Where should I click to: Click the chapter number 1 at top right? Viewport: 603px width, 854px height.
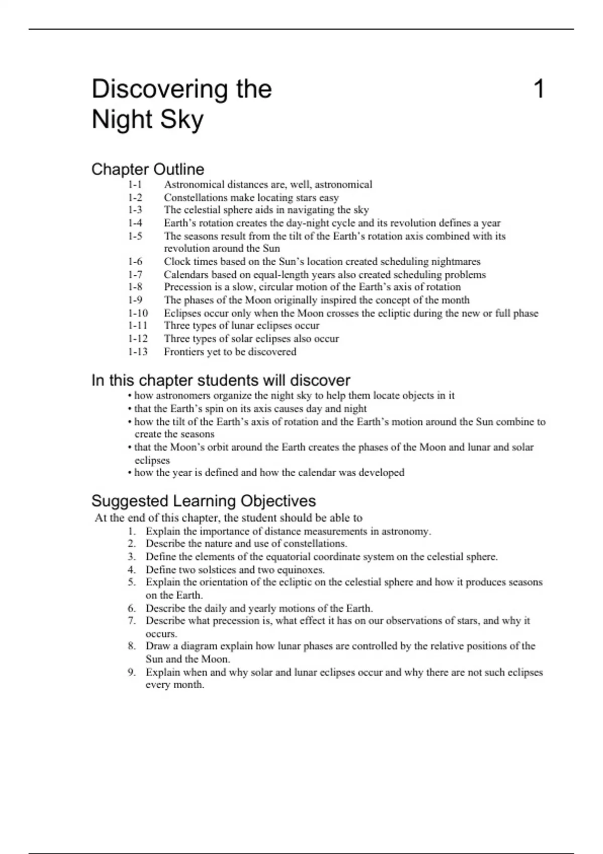click(538, 89)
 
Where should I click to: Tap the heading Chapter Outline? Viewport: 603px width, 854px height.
click(148, 169)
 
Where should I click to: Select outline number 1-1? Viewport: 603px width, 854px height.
click(135, 184)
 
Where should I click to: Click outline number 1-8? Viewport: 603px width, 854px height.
click(135, 287)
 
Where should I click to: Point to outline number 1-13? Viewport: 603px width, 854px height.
click(138, 352)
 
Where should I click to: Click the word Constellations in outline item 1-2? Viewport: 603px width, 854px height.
click(195, 197)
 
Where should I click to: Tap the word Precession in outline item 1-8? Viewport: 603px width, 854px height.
click(187, 287)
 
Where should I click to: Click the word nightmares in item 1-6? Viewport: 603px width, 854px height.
click(456, 261)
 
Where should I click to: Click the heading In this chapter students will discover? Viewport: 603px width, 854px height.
click(221, 380)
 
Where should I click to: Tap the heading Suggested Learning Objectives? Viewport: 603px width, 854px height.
click(204, 501)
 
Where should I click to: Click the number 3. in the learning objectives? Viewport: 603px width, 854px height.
click(132, 557)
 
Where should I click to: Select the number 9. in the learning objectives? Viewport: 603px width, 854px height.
click(132, 672)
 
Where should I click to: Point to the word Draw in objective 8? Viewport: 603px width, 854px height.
click(158, 646)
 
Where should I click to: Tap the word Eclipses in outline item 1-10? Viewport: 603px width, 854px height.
click(182, 313)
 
